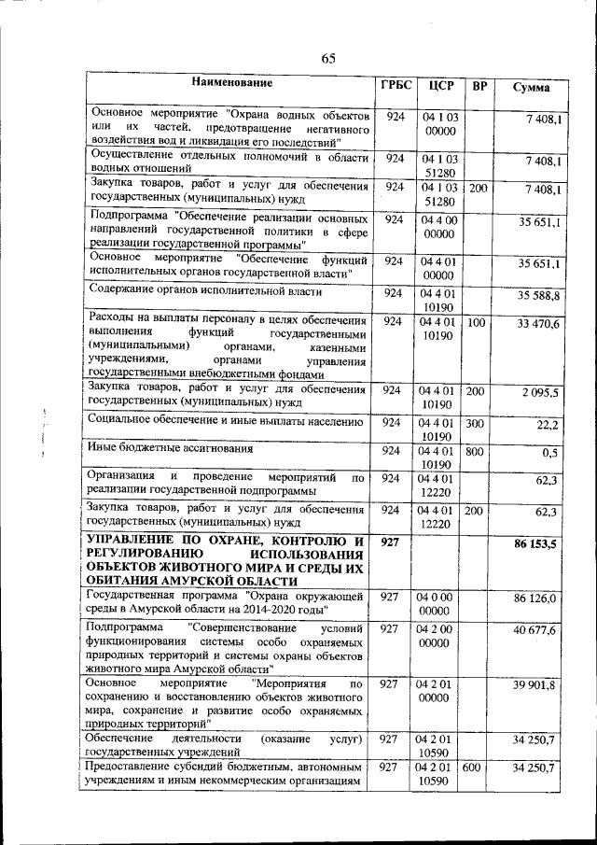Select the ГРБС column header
pyautogui.click(x=396, y=86)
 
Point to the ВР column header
pyautogui.click(x=479, y=88)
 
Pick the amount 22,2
pyautogui.click(x=548, y=425)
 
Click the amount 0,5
pyautogui.click(x=550, y=454)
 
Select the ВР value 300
pyautogui.click(x=477, y=422)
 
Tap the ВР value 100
pyautogui.click(x=477, y=322)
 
